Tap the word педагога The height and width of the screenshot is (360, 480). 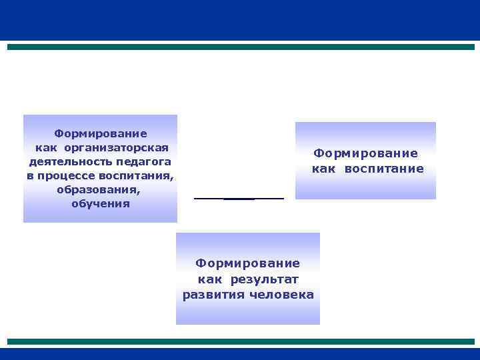click(x=141, y=161)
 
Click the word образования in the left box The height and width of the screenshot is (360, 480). click(x=99, y=189)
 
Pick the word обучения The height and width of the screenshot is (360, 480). click(x=101, y=203)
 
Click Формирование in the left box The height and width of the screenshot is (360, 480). click(x=101, y=133)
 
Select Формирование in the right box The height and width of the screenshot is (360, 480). click(x=366, y=154)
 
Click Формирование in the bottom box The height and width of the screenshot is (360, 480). click(x=248, y=265)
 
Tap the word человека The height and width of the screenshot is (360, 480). click(x=280, y=295)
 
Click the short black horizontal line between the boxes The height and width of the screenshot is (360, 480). click(x=239, y=199)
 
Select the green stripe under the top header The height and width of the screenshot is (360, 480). click(x=240, y=47)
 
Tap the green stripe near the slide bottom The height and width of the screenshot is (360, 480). click(x=240, y=341)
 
